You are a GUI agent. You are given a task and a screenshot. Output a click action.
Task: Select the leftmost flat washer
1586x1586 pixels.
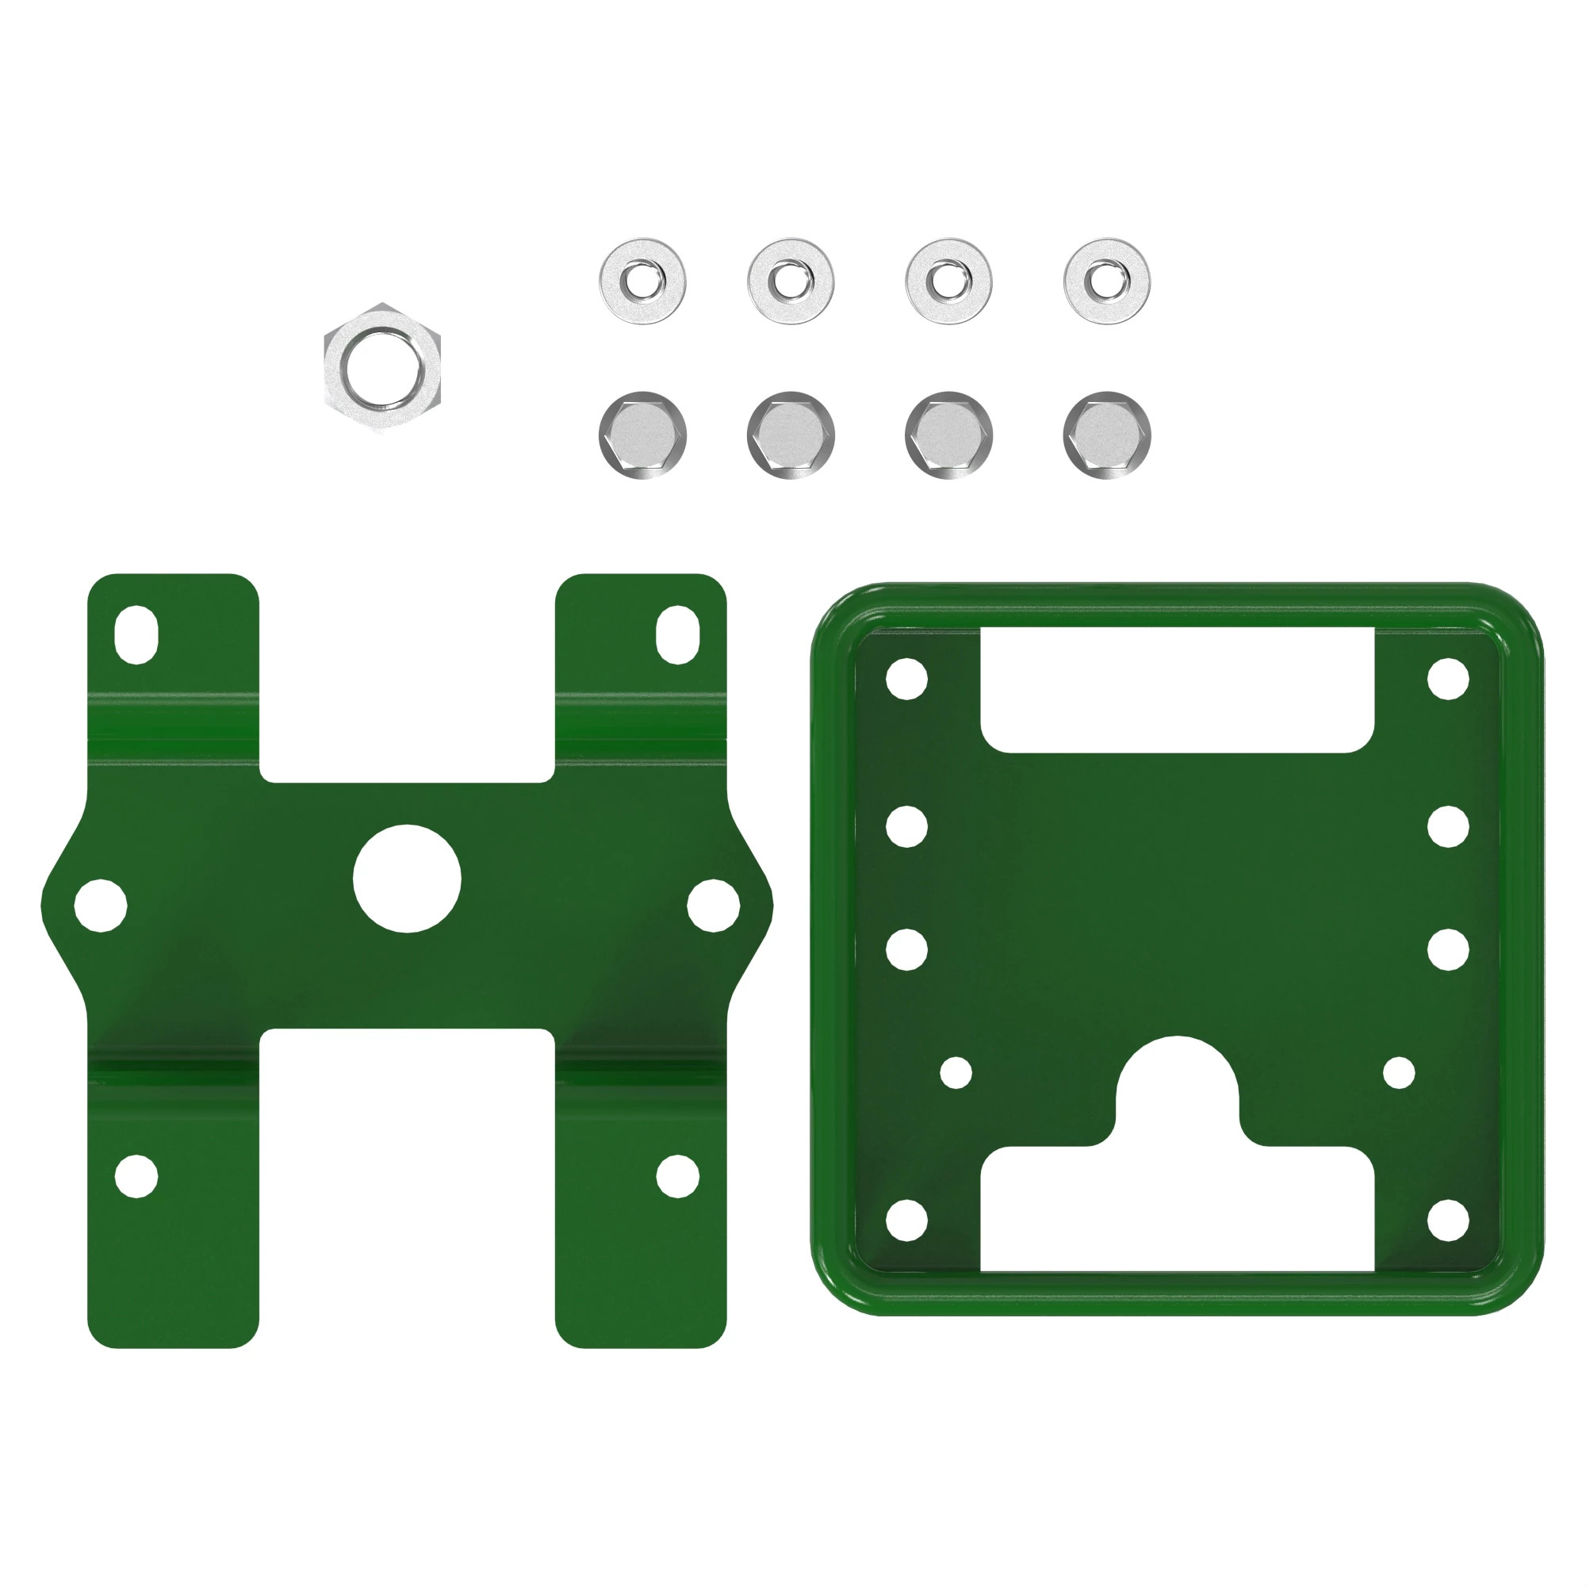643,282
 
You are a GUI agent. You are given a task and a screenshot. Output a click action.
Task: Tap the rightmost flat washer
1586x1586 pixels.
1106,282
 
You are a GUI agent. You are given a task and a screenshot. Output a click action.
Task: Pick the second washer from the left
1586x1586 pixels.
791,282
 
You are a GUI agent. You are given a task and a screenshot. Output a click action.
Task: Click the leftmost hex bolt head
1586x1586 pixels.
643,435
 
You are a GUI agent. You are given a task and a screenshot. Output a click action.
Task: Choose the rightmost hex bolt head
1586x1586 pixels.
1106,435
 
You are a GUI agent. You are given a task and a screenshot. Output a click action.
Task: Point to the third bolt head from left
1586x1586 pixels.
948,435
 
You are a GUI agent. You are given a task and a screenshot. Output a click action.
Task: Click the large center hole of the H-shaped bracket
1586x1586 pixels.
407,879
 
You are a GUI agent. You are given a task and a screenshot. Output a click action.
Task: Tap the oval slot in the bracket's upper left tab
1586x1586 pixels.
136,634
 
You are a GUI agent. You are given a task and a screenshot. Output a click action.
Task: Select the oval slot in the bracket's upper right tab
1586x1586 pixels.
677,634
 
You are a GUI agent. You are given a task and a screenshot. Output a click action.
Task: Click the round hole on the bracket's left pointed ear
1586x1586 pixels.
100,906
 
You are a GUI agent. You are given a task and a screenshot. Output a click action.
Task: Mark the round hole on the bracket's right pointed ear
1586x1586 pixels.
714,906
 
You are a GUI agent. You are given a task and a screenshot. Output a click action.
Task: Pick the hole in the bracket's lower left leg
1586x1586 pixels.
136,1175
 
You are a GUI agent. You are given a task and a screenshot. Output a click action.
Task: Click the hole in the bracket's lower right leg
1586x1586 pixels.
677,1175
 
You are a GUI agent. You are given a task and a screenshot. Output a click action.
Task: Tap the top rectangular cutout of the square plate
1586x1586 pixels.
1177,690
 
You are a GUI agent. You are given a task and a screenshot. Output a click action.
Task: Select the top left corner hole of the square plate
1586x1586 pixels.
907,679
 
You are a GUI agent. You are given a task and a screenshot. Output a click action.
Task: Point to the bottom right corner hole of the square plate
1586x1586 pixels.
1448,1220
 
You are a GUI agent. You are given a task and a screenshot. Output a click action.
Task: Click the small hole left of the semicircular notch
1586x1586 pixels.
956,1073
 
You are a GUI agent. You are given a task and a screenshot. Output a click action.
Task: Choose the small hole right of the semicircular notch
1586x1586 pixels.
1399,1073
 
